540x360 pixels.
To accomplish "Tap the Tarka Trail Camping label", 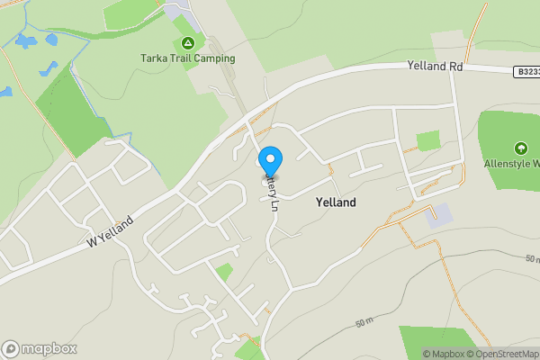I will (x=187, y=58).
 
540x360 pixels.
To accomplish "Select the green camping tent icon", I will (x=187, y=42).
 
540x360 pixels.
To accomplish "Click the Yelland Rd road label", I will (x=434, y=66).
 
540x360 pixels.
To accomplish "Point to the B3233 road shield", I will (x=527, y=71).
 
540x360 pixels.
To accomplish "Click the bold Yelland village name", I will (x=336, y=202).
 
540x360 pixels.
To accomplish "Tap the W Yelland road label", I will (x=111, y=232).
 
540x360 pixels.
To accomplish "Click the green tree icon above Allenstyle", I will (x=519, y=148).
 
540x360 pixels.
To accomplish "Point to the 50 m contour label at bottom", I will (x=364, y=322).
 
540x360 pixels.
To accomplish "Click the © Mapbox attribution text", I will (x=443, y=354).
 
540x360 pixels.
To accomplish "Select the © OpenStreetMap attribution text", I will (x=502, y=354).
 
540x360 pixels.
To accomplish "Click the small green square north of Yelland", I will (x=428, y=141).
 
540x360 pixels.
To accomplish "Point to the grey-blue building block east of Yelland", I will (x=441, y=215).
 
